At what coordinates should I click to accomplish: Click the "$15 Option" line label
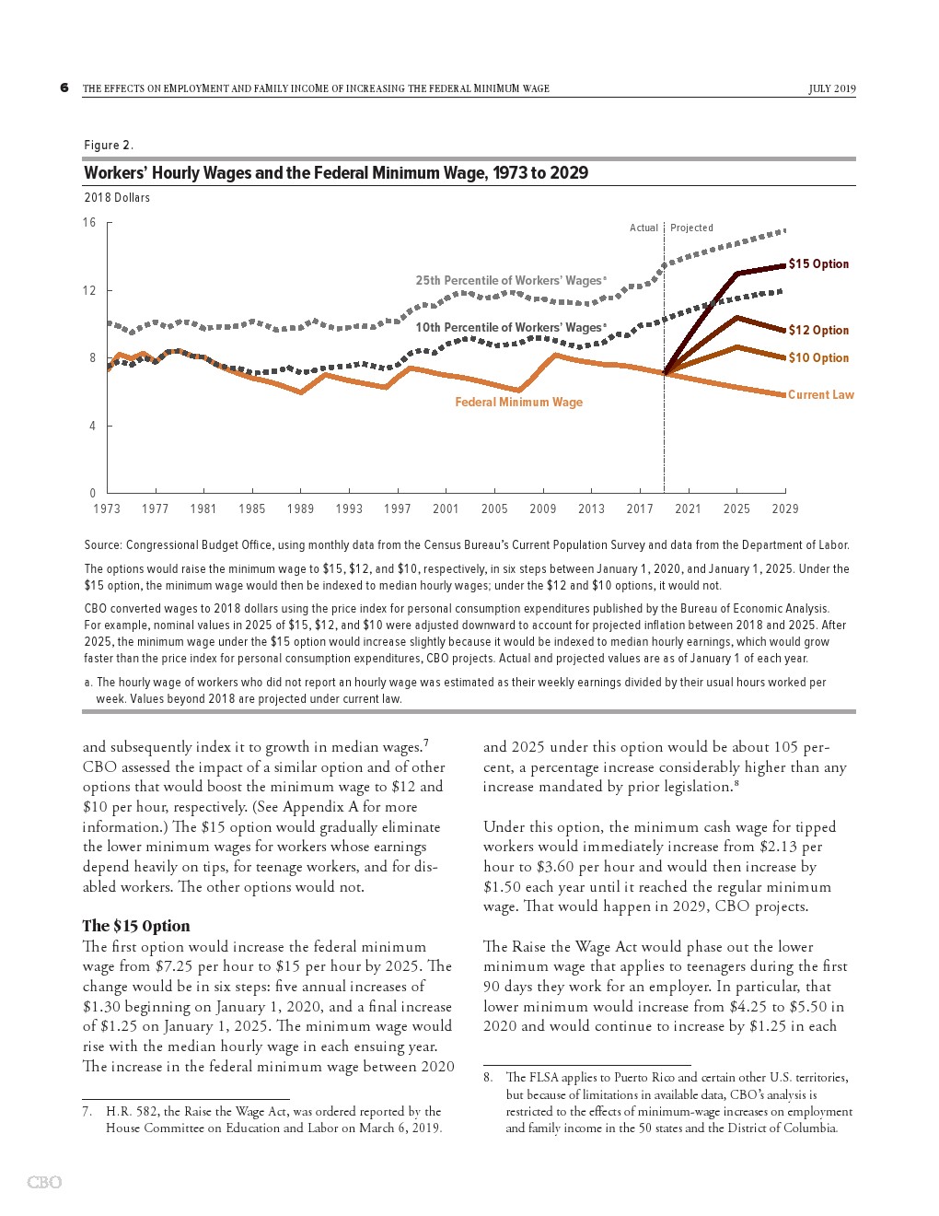click(818, 264)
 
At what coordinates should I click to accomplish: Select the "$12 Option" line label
click(818, 331)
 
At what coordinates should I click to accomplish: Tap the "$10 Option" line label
click(818, 358)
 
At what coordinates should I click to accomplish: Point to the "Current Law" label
click(820, 395)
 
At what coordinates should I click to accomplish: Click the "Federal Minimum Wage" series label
click(518, 403)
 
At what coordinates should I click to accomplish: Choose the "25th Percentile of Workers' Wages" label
click(510, 281)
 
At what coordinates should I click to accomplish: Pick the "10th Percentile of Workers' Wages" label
click(510, 328)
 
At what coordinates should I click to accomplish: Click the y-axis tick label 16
click(89, 223)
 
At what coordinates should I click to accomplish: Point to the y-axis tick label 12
click(89, 291)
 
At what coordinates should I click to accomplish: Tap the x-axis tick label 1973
click(107, 509)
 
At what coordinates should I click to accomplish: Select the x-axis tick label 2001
click(446, 509)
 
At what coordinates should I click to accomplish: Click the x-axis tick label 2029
click(785, 509)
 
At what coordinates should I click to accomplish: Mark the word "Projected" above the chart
click(691, 228)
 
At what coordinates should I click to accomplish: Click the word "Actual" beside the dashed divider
click(643, 228)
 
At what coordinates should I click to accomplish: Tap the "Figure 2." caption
click(109, 146)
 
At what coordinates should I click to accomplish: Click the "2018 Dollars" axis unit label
click(117, 198)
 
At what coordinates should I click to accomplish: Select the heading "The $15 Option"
click(136, 927)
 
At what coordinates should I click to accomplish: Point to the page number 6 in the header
click(64, 88)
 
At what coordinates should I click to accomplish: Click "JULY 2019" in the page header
click(832, 89)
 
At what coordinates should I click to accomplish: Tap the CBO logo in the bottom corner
click(44, 1182)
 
